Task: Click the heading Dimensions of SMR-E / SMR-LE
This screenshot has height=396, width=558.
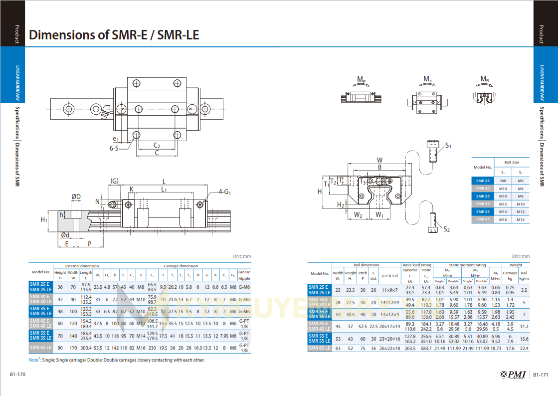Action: [x=114, y=35]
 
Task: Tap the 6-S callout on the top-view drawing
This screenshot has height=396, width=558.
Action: [x=114, y=148]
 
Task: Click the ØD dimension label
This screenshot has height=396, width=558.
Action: [x=76, y=197]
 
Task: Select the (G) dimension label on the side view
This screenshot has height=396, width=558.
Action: [x=115, y=181]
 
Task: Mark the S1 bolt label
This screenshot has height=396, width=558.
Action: [x=448, y=146]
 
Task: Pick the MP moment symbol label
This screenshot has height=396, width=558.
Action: [x=362, y=79]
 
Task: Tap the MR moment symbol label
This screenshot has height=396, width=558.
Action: [x=484, y=79]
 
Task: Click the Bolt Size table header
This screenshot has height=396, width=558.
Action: [x=512, y=163]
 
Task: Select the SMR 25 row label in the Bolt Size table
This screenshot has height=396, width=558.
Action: [x=483, y=181]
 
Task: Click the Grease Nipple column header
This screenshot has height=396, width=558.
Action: [x=244, y=275]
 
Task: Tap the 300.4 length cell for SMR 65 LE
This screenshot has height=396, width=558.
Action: [x=86, y=348]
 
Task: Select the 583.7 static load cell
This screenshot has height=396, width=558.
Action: [x=426, y=348]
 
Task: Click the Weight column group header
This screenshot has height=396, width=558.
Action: [x=516, y=265]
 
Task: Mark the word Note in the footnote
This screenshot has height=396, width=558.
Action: [x=34, y=360]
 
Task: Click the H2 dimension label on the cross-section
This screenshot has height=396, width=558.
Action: [x=341, y=204]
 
